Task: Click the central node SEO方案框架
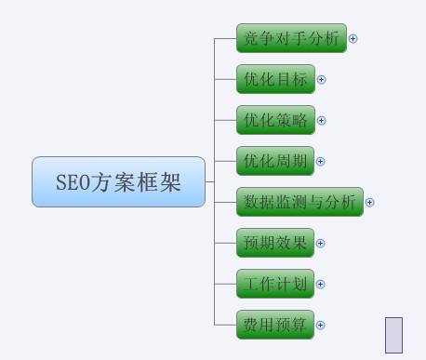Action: click(x=118, y=181)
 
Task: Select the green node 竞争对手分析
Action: click(x=291, y=39)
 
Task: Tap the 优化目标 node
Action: click(x=275, y=79)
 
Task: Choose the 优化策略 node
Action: click(x=275, y=120)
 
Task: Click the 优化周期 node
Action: click(x=275, y=161)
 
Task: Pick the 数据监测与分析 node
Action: click(x=300, y=202)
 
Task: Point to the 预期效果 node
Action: click(x=275, y=243)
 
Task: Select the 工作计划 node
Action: click(x=275, y=284)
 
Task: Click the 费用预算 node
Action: click(x=275, y=325)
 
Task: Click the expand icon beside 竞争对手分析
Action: click(x=353, y=39)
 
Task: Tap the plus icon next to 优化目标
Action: click(x=322, y=80)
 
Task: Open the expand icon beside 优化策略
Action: click(x=322, y=121)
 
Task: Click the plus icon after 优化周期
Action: click(x=322, y=162)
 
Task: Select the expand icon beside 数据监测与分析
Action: click(x=370, y=203)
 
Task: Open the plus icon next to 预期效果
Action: click(x=322, y=244)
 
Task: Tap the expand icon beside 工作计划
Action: click(x=322, y=285)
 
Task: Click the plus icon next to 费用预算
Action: click(x=322, y=326)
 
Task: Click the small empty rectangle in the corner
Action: click(x=393, y=336)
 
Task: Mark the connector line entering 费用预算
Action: click(x=225, y=325)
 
